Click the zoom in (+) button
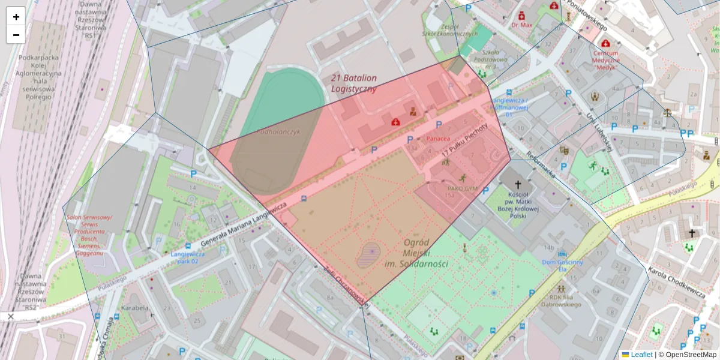coord(16,16)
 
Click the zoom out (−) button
coord(16,34)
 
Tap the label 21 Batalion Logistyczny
coord(353,83)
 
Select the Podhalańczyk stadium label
coord(278,131)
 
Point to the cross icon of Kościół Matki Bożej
coord(518,185)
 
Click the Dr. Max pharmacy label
coord(522,25)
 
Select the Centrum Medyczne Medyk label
coord(605,60)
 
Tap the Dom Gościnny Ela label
coord(562,265)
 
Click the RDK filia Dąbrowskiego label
coord(565,301)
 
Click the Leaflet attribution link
coord(640,355)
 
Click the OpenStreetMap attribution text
coord(687,355)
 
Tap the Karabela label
coord(134,308)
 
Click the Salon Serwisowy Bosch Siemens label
coord(89,235)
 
